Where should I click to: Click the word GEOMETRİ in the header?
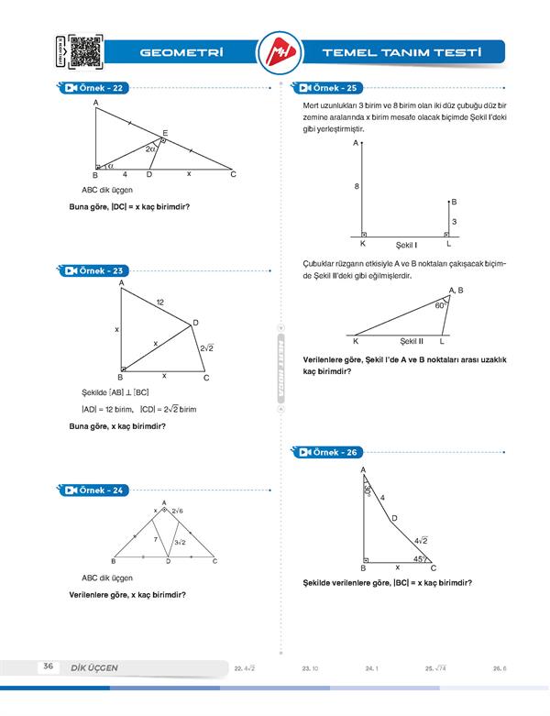(x=183, y=53)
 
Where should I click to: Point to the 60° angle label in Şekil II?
(x=440, y=306)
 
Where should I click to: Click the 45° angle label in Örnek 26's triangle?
(x=418, y=558)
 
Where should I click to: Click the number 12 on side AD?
(x=160, y=302)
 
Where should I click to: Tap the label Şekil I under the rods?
(x=406, y=246)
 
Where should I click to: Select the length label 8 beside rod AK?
(x=357, y=187)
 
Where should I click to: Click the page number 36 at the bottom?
(x=48, y=666)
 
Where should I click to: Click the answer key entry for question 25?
(x=435, y=669)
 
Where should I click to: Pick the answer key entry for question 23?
(x=309, y=669)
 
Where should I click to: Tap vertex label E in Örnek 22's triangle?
(x=165, y=134)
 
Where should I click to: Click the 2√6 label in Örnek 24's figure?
(x=177, y=511)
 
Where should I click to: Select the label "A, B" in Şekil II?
(x=456, y=291)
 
